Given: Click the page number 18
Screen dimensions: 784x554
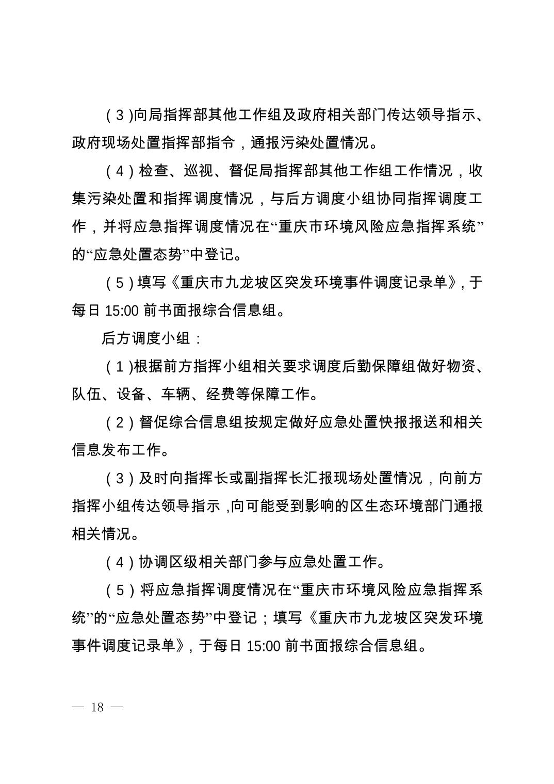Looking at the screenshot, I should pos(97,707).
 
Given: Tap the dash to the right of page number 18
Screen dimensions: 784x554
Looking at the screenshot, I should pos(117,707).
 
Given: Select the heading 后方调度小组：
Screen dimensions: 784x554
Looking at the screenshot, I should pos(153,338).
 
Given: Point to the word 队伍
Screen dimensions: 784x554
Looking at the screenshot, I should pos(86,395).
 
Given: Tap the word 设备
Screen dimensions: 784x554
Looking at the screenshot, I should pos(131,395).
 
